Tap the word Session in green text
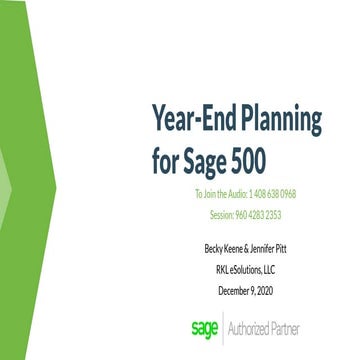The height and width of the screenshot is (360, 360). click(223, 214)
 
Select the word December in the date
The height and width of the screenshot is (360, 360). click(233, 290)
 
